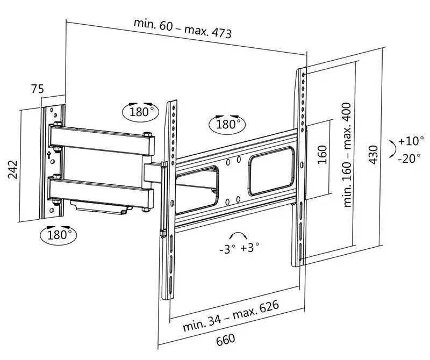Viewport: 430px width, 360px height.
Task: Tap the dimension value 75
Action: (x=37, y=89)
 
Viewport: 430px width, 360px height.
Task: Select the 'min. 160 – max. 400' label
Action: (x=348, y=155)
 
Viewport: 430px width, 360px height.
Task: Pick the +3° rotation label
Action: (x=250, y=248)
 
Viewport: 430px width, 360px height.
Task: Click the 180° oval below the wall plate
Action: (x=58, y=234)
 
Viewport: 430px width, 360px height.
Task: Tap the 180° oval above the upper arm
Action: (x=141, y=112)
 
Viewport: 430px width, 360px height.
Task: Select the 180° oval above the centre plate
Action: (x=226, y=125)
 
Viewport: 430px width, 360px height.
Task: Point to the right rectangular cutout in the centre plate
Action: (x=271, y=172)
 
